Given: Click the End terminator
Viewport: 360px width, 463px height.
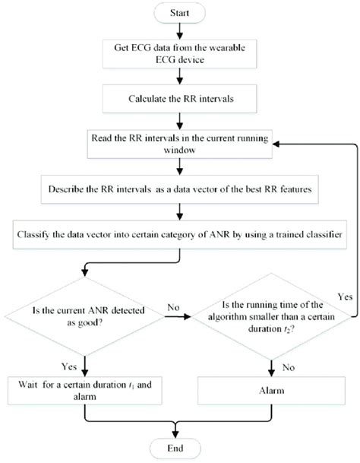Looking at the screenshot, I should (x=177, y=446).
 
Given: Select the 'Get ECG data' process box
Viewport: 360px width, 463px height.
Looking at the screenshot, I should (x=179, y=54).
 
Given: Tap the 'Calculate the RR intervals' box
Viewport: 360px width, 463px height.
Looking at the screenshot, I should (x=179, y=97).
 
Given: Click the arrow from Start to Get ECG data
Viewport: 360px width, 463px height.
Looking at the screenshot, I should (x=179, y=31).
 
